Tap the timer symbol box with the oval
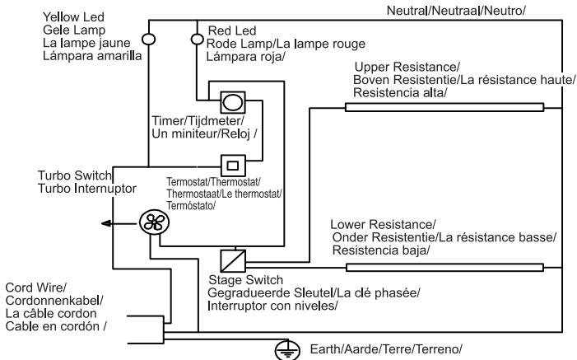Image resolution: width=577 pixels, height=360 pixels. point(233,102)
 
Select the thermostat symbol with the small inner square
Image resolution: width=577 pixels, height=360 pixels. point(233,166)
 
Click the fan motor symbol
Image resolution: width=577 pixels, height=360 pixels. point(154,222)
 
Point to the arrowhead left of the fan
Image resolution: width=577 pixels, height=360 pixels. point(106,223)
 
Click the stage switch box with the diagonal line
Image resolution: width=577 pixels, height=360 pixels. point(233,261)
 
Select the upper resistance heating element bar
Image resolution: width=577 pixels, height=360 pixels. point(444,107)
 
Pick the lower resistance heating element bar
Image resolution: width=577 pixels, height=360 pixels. point(445,267)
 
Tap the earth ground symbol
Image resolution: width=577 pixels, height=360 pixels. point(287,351)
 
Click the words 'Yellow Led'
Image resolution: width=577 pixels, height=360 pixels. point(73,17)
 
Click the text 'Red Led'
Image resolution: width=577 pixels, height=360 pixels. point(232,30)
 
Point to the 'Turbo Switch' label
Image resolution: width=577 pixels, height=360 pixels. point(74,175)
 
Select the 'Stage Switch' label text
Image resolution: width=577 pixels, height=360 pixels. point(246,280)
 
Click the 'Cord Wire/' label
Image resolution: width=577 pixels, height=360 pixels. point(35,288)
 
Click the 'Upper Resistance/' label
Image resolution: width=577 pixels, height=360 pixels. point(407,67)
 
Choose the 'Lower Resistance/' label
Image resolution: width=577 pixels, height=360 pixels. point(383,224)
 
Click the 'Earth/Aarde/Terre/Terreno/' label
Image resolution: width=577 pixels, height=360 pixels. point(386,349)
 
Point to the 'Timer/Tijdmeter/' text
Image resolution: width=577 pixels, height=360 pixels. point(198,121)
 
